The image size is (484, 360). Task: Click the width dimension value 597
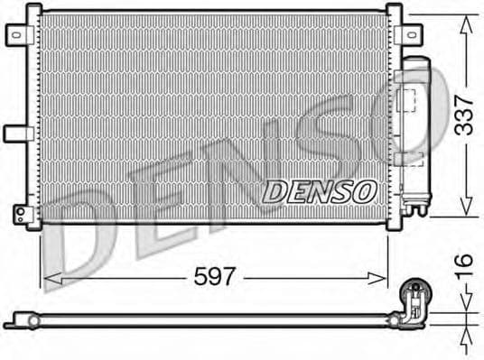[x=215, y=277]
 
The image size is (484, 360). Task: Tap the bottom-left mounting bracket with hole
[x=21, y=213]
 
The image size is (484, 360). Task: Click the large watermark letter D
[x=81, y=239]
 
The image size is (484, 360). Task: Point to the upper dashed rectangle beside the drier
[x=411, y=98]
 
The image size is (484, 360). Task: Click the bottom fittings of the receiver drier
[x=414, y=210]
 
